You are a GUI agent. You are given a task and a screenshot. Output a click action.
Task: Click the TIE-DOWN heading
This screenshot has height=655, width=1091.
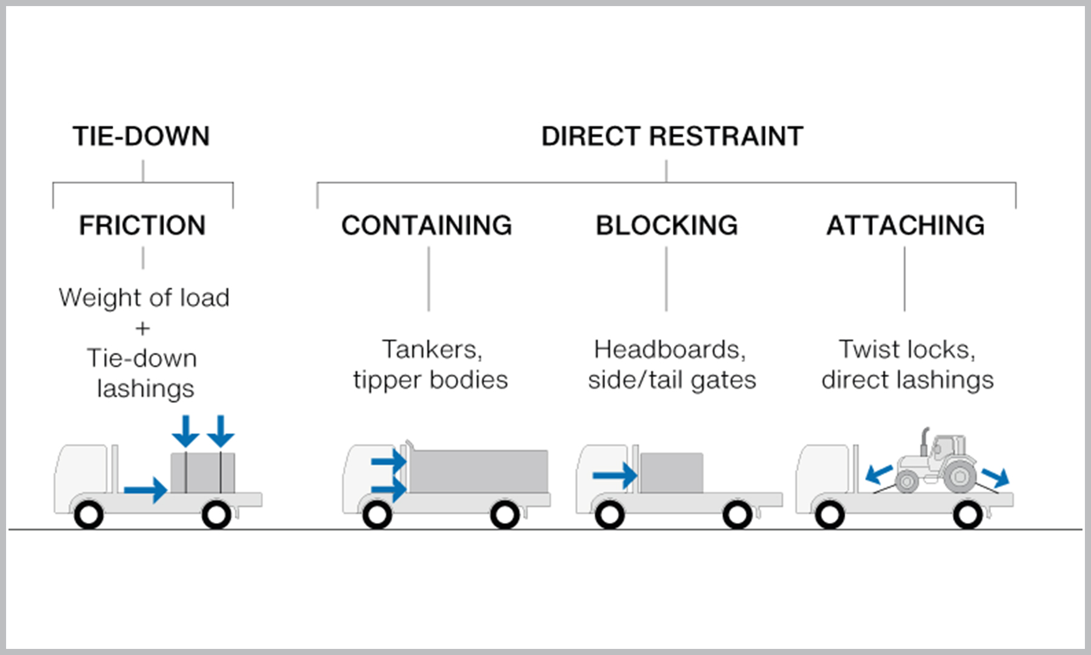coord(141,136)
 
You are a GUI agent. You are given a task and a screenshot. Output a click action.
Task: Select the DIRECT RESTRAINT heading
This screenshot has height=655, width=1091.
coord(672,136)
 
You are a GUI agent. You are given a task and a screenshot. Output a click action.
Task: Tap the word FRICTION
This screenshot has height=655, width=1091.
coord(142,226)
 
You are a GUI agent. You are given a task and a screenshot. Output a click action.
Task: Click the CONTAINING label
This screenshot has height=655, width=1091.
coord(427,226)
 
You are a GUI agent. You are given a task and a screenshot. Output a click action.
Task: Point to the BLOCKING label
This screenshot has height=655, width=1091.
coord(667,226)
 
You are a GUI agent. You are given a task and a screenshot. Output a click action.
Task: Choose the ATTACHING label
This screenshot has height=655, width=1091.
coord(906,226)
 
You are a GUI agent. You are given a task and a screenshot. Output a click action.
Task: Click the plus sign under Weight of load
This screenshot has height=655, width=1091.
coord(142,329)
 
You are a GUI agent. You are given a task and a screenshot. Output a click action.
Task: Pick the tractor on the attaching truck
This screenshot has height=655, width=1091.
coord(936,464)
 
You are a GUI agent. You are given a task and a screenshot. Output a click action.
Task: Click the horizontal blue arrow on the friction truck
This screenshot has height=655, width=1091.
coord(145,489)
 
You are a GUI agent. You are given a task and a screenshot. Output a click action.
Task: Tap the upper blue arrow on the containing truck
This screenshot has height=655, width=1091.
coord(389,462)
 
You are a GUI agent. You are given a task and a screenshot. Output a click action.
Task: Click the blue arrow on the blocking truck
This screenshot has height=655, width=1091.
coord(615,475)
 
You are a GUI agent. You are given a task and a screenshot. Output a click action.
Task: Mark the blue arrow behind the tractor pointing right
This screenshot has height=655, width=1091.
coord(996,477)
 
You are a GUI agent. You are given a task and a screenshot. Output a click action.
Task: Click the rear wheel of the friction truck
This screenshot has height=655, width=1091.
coord(216,515)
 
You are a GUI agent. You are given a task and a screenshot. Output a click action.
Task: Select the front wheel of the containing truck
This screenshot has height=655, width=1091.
coord(377,515)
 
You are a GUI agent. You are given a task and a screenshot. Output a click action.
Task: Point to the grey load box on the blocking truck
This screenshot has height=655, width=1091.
coord(672,472)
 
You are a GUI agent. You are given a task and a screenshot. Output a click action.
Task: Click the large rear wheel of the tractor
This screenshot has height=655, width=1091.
coord(959,477)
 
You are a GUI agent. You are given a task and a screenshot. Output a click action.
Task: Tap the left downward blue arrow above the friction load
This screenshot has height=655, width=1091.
coord(185,431)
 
